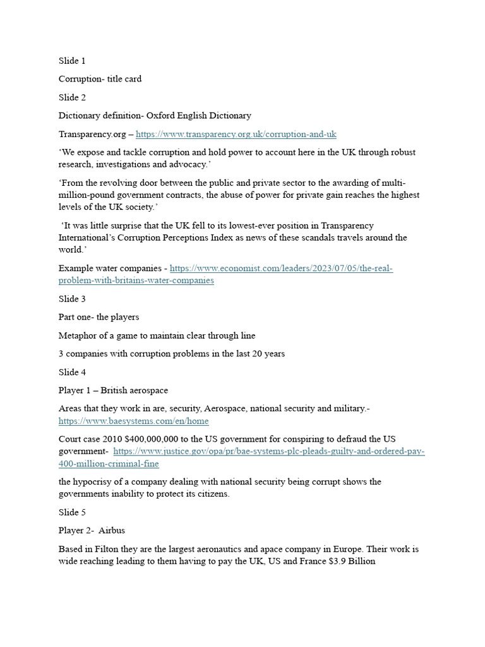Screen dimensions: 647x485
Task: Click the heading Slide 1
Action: (x=72, y=61)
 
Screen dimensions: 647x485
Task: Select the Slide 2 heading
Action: (x=72, y=97)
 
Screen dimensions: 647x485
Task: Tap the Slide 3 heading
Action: (x=72, y=299)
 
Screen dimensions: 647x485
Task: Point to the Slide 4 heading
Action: (x=72, y=372)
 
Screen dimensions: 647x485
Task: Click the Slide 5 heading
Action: (x=72, y=512)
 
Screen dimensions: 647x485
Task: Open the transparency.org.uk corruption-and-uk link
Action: (x=236, y=134)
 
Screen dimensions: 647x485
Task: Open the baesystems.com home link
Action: (x=133, y=421)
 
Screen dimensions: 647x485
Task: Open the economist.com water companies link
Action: (x=281, y=269)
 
